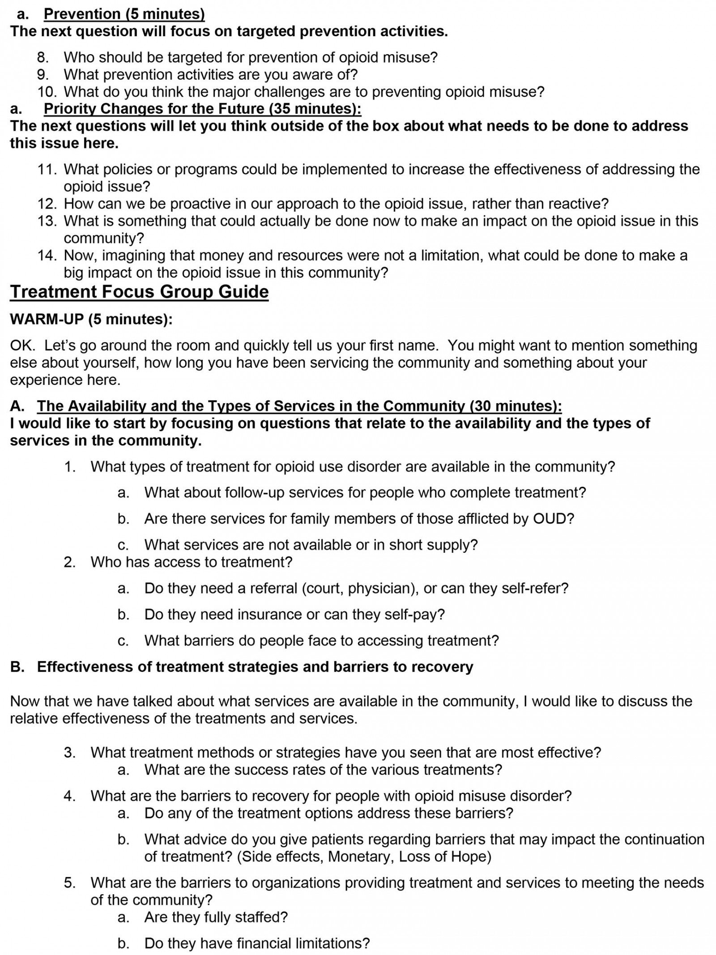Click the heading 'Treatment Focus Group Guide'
click(139, 292)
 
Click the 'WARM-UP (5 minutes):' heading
click(91, 319)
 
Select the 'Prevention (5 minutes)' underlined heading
click(124, 14)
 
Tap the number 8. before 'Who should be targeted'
click(43, 57)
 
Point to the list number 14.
click(47, 256)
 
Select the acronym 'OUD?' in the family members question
click(554, 519)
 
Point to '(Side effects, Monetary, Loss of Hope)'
click(364, 857)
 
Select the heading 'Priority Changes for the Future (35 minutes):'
click(202, 109)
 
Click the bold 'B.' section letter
click(17, 667)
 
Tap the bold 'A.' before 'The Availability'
click(17, 406)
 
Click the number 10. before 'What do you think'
click(47, 92)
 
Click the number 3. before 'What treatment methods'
click(70, 752)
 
